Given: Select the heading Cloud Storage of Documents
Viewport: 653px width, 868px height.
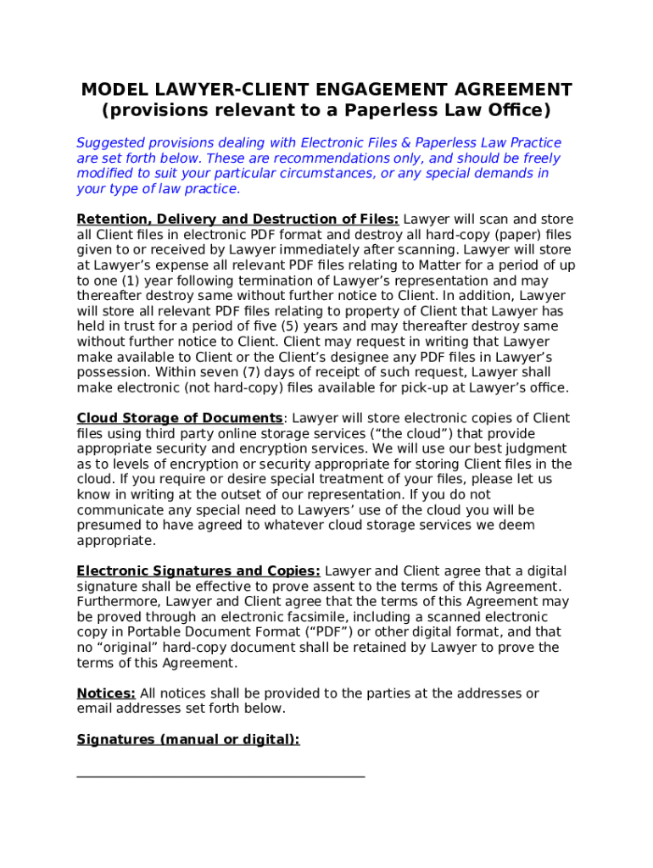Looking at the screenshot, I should click(180, 418).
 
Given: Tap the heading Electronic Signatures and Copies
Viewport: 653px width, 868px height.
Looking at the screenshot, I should click(198, 570).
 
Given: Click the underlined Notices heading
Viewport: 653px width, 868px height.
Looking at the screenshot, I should click(106, 693).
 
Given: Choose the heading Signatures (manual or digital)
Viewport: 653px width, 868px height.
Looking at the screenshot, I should click(188, 739).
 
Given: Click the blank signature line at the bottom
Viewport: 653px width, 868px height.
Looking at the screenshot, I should click(220, 775).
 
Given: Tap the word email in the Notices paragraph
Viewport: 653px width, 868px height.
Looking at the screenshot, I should click(95, 709).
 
